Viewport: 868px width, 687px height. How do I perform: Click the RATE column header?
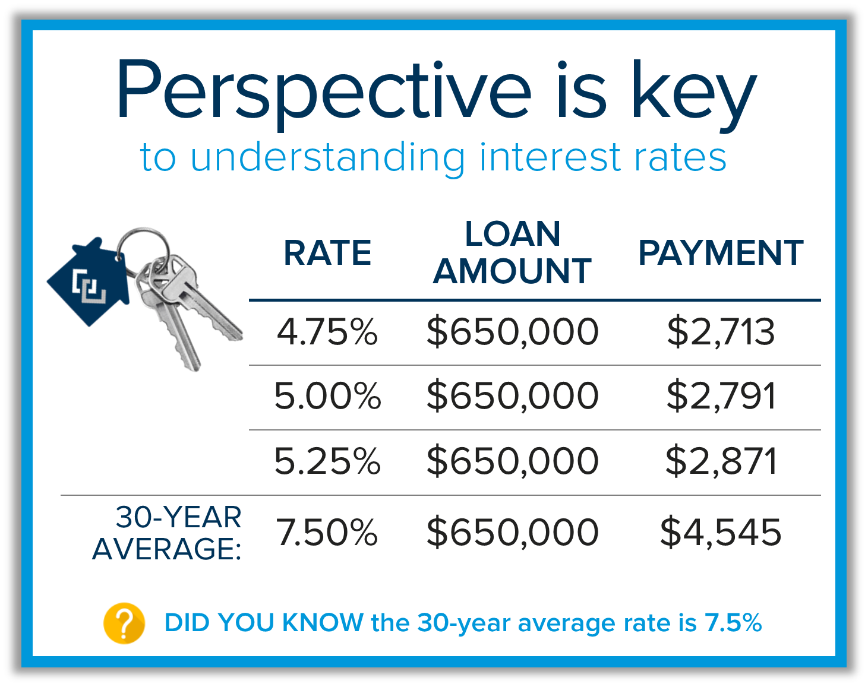click(x=327, y=253)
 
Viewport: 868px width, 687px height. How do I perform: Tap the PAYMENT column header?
click(x=721, y=253)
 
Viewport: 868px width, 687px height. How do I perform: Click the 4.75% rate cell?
click(x=327, y=332)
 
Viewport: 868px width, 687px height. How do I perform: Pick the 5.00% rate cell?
click(x=327, y=395)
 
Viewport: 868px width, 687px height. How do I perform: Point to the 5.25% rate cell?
click(x=327, y=461)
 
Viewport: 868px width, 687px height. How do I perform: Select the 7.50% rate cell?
click(x=327, y=532)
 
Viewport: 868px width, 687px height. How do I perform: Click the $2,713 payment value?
click(x=721, y=332)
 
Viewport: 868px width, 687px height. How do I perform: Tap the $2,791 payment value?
click(x=721, y=396)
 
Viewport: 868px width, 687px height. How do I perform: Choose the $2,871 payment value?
click(x=721, y=461)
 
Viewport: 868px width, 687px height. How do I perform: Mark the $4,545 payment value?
click(x=721, y=533)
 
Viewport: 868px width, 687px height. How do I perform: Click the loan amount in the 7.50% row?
click(x=512, y=533)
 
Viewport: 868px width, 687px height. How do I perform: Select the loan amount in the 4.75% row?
click(x=512, y=332)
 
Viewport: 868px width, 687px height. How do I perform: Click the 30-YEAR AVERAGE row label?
click(x=167, y=533)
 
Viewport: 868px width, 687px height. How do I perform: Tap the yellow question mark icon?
click(x=124, y=623)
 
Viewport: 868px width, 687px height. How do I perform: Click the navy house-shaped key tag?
click(x=88, y=281)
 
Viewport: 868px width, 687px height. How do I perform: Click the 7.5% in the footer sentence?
click(x=733, y=622)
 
